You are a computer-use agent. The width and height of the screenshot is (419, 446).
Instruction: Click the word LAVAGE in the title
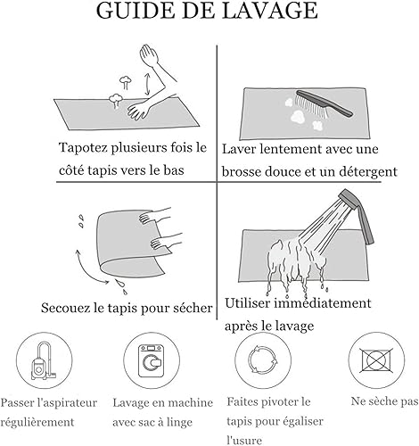point(270,11)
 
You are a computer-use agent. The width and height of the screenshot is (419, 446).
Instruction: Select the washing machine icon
point(152,360)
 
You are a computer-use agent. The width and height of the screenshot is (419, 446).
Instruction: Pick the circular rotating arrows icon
point(263,359)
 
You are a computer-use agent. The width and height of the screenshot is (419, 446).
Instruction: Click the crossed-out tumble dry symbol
point(376,360)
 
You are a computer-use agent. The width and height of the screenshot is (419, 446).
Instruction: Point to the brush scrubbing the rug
point(324,104)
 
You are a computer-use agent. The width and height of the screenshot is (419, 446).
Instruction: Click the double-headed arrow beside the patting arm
point(147,85)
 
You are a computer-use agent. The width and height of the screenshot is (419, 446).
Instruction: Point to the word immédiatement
point(323,303)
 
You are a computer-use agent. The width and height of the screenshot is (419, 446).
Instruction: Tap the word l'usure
point(244,440)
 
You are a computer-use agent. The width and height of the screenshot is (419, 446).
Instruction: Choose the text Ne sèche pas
point(384,401)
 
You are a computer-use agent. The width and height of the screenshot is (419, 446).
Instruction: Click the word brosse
point(241,172)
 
